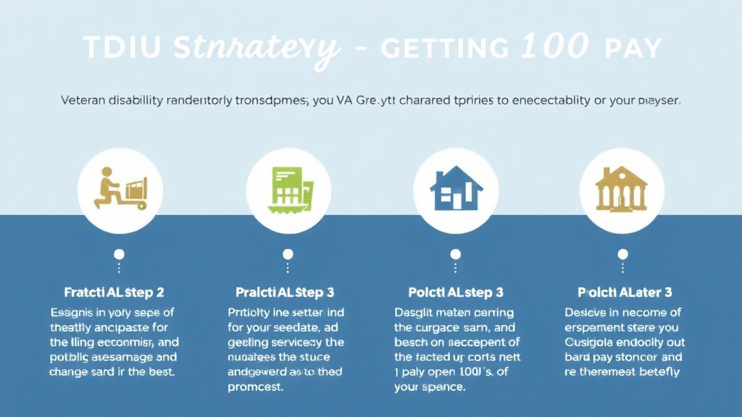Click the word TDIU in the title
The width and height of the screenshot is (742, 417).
coord(122,49)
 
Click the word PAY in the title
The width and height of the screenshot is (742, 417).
coord(631,49)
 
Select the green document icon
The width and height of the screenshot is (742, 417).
coord(288,190)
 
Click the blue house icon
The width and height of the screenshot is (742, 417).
coord(456,190)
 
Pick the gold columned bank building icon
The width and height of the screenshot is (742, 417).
coord(622,190)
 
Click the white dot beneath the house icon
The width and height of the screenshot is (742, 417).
coord(456,254)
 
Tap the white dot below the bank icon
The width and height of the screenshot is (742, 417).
coord(622,254)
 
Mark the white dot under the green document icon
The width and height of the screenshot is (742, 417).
coord(288,254)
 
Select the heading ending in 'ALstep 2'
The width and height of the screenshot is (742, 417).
coord(114,292)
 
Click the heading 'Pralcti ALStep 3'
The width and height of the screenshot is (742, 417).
coord(285,292)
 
